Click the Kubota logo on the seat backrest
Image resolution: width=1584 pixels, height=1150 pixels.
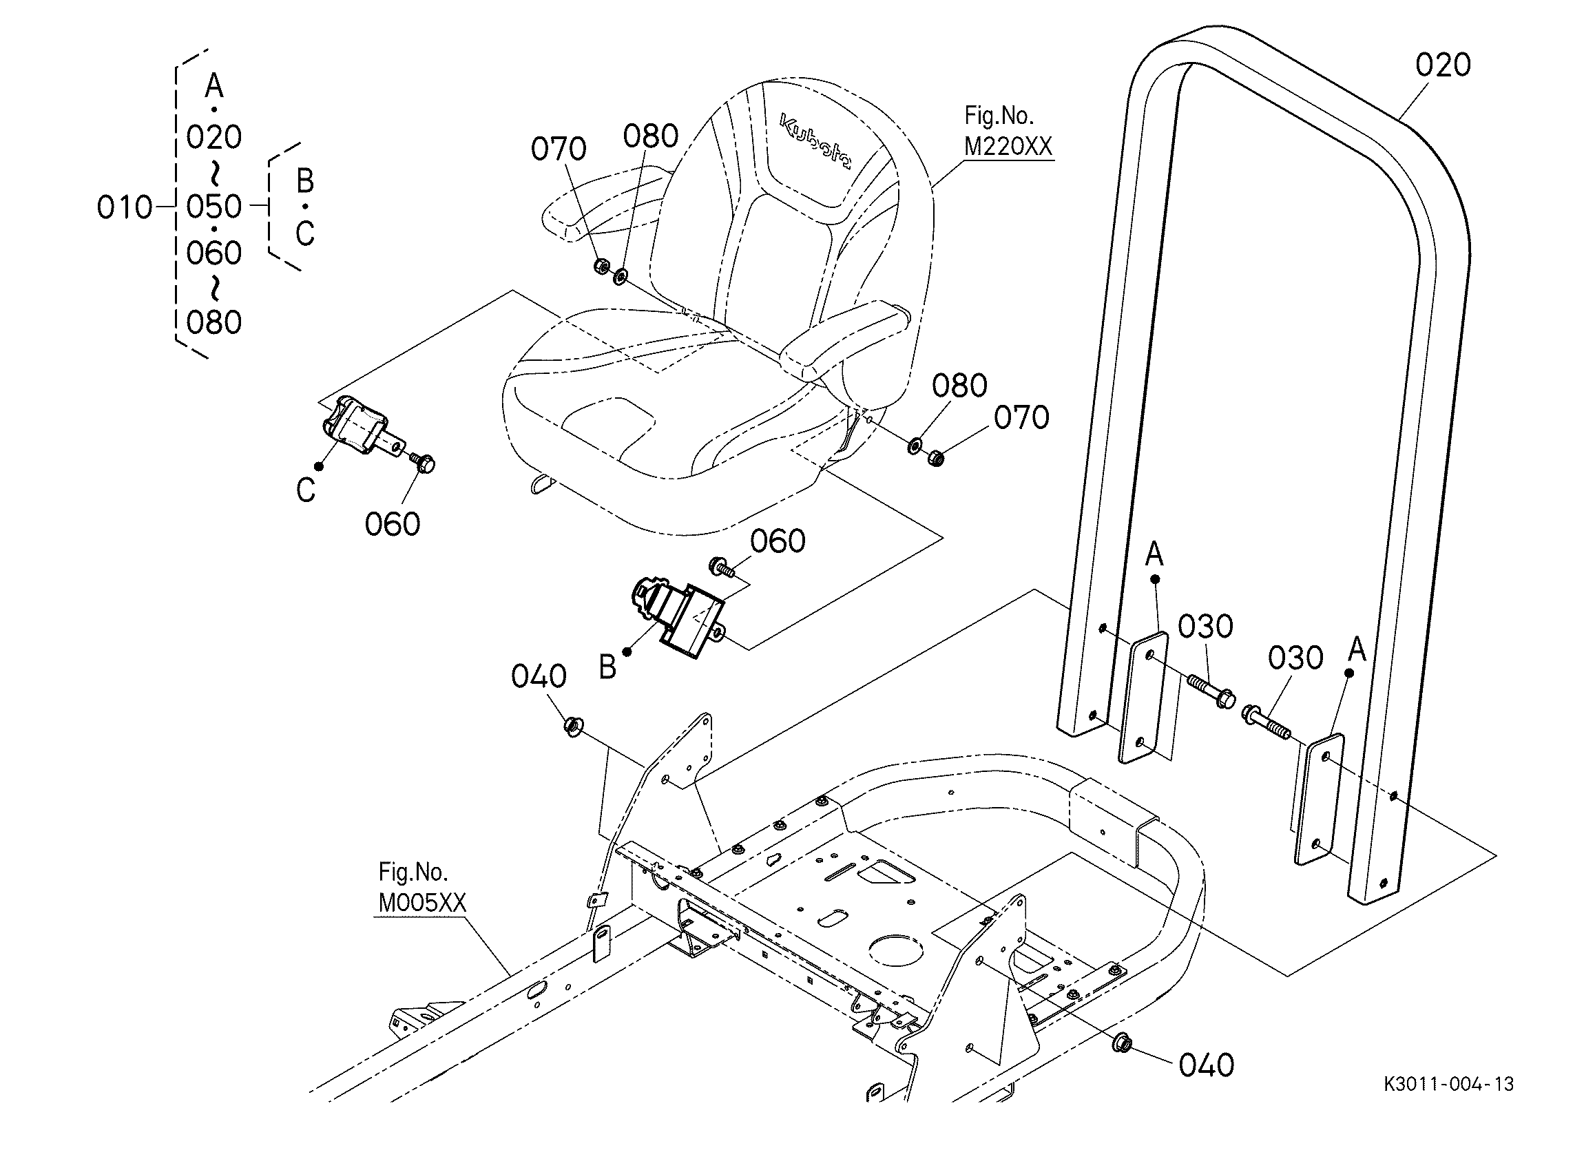coord(815,142)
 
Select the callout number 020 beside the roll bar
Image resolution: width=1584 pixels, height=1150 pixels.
coord(1442,65)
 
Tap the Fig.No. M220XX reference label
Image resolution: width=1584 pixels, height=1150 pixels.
coord(1006,132)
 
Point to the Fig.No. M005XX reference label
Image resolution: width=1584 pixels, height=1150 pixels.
coord(421,888)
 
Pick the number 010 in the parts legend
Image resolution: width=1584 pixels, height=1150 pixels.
coord(125,207)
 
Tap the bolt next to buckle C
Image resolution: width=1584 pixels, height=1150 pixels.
coord(424,461)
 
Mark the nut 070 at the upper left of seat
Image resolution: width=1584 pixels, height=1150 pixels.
coord(600,266)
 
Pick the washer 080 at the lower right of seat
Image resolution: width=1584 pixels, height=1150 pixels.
coord(915,445)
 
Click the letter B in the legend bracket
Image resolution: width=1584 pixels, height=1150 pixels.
coord(305,182)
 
